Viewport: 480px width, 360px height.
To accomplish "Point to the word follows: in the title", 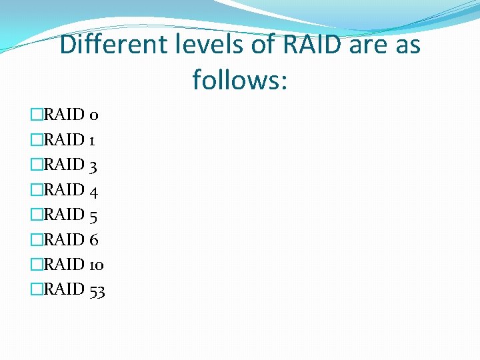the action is tap(240, 80).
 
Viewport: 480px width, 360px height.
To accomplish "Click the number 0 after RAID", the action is tap(94, 115).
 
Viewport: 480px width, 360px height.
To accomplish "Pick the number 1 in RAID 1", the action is tap(92, 141).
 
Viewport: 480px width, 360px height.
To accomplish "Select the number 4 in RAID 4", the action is tap(94, 191).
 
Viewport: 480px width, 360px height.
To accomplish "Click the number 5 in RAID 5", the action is tap(93, 215).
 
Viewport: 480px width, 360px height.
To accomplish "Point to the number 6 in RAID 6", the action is tap(93, 240).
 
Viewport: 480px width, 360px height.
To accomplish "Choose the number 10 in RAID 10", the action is tap(96, 265).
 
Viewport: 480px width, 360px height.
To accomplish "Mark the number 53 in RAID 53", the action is tap(97, 290).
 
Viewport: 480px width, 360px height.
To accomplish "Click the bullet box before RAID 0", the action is tap(37, 115).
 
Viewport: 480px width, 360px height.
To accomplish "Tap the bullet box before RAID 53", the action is tap(37, 290).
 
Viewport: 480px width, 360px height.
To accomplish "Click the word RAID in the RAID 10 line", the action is tap(64, 265).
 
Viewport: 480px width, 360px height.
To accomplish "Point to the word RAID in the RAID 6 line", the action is tap(64, 240).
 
